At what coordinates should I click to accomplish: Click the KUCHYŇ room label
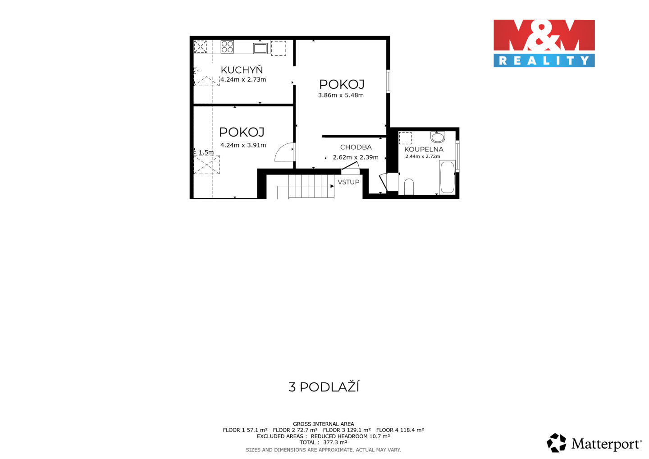[242, 70]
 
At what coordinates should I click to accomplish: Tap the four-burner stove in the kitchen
[227, 47]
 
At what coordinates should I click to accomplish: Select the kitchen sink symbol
[260, 48]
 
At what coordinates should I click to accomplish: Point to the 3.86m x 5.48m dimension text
[341, 95]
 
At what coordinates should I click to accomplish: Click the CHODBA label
[356, 147]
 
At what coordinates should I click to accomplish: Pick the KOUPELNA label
[424, 150]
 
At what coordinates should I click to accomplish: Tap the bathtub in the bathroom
[448, 178]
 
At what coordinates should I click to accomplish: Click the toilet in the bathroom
[409, 187]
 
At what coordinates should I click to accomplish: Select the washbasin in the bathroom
[438, 137]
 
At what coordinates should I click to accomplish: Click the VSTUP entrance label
[348, 182]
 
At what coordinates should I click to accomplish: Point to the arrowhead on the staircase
[332, 186]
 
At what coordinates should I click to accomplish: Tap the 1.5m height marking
[206, 152]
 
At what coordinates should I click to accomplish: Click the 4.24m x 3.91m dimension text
[243, 146]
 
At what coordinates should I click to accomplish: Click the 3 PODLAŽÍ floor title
[324, 387]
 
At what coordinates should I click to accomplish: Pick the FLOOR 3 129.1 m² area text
[347, 430]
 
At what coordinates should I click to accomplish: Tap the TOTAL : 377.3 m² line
[323, 442]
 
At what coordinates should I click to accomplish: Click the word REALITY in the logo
[544, 60]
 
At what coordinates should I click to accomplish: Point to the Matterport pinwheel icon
[556, 443]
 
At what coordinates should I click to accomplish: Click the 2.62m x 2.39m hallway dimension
[356, 157]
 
